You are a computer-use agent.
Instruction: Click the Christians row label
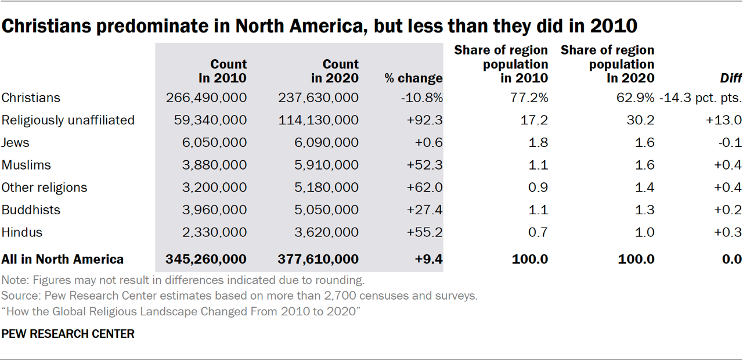31,98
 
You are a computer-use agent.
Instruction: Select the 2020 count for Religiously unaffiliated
319,120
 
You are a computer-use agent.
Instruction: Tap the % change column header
413,78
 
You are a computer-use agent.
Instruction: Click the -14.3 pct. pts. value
701,98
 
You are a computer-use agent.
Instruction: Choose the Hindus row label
22,232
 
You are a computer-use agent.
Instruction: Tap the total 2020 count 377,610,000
318,259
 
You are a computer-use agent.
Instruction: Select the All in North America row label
63,259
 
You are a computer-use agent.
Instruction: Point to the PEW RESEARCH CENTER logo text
68,334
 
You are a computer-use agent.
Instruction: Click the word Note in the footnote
13,280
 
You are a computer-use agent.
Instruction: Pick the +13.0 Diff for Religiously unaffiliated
724,120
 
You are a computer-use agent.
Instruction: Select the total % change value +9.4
429,259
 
